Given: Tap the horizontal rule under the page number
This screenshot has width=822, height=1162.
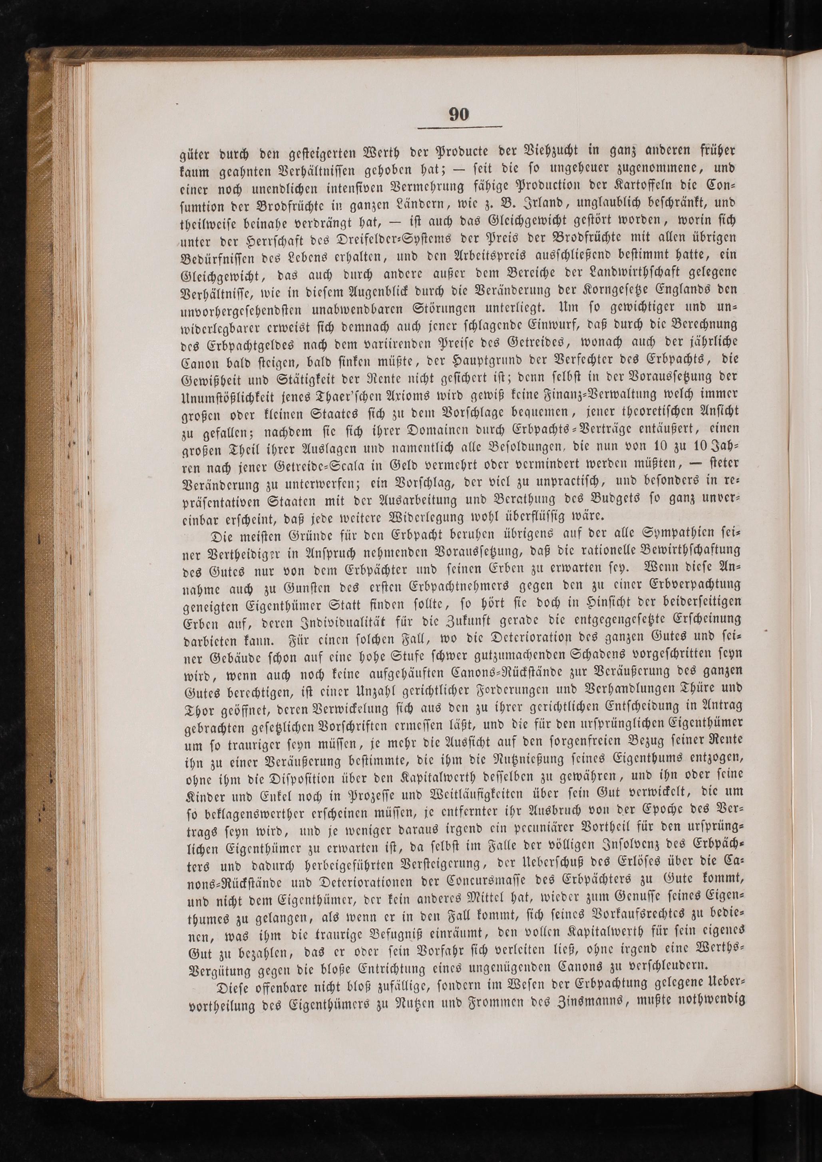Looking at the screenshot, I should (459, 126).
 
